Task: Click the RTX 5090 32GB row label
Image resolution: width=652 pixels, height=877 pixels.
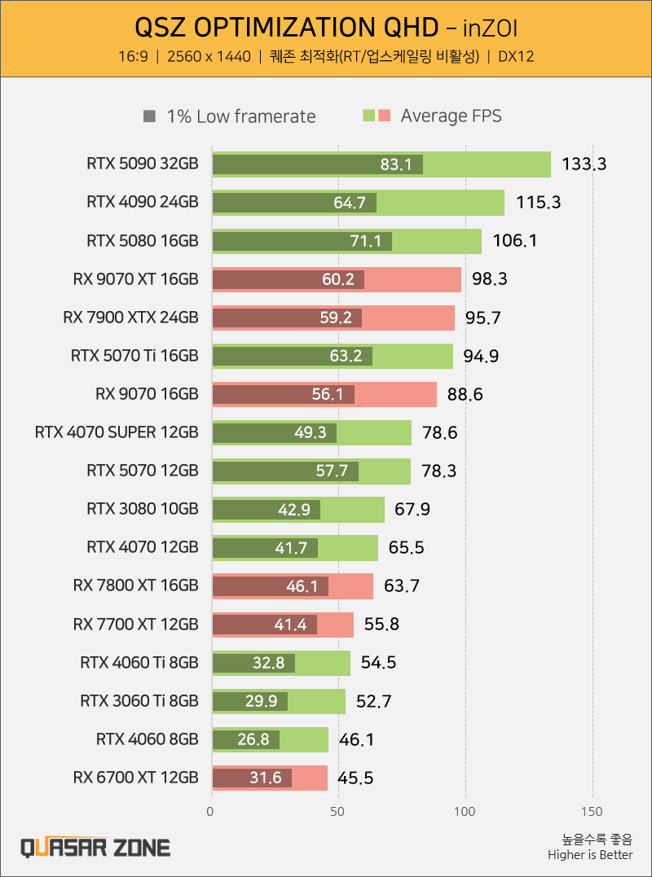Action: pyautogui.click(x=142, y=164)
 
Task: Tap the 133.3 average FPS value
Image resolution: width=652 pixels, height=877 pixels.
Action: pyautogui.click(x=584, y=164)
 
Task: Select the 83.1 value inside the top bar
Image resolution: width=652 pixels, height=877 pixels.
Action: pyautogui.click(x=396, y=164)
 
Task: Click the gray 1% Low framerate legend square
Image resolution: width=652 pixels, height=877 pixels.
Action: pyautogui.click(x=148, y=116)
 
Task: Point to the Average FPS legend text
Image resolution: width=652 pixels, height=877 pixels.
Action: pyautogui.click(x=451, y=116)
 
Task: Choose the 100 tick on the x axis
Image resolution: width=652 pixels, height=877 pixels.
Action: pyautogui.click(x=465, y=811)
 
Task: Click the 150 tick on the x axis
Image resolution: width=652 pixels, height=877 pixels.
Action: pyautogui.click(x=593, y=811)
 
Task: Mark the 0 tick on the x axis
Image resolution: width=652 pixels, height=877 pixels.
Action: pyautogui.click(x=211, y=811)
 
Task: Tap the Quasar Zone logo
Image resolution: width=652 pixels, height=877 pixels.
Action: pyautogui.click(x=95, y=847)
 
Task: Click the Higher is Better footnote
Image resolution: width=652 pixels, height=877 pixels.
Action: pyautogui.click(x=590, y=855)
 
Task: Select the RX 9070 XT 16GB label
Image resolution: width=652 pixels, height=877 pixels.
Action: pyautogui.click(x=135, y=279)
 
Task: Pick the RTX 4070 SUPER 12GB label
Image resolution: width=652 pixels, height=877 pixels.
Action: pyautogui.click(x=117, y=432)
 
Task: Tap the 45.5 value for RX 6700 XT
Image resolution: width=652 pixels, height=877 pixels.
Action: pyautogui.click(x=355, y=778)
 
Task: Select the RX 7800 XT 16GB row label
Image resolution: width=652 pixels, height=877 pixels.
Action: pyautogui.click(x=135, y=585)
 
